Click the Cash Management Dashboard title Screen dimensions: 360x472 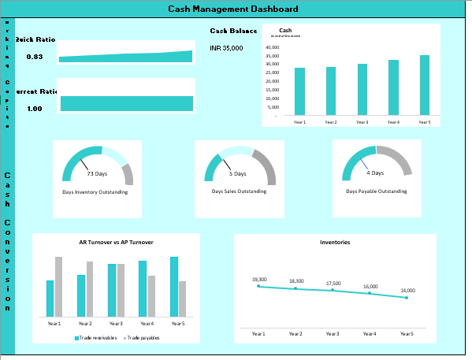(233, 9)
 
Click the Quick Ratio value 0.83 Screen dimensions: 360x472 (35, 57)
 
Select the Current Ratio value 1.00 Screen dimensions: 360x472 (35, 109)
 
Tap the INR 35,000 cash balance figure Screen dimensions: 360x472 (226, 48)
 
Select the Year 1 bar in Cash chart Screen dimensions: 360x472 (299, 91)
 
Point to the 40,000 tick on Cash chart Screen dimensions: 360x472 (271, 47)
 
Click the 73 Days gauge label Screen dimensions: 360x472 (96, 173)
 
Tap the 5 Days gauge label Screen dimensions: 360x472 (238, 173)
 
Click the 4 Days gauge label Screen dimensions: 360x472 (376, 173)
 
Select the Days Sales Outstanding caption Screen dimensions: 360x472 (239, 191)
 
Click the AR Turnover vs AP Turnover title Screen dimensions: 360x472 (116, 243)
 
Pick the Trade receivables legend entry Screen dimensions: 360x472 (96, 337)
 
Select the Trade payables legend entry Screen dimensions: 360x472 (142, 337)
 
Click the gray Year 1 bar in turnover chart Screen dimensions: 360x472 (58, 286)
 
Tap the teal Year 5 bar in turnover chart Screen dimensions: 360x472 (174, 286)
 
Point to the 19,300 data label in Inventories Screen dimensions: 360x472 (259, 280)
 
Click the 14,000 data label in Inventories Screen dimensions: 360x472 (407, 291)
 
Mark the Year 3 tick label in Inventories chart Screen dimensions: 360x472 (333, 334)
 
